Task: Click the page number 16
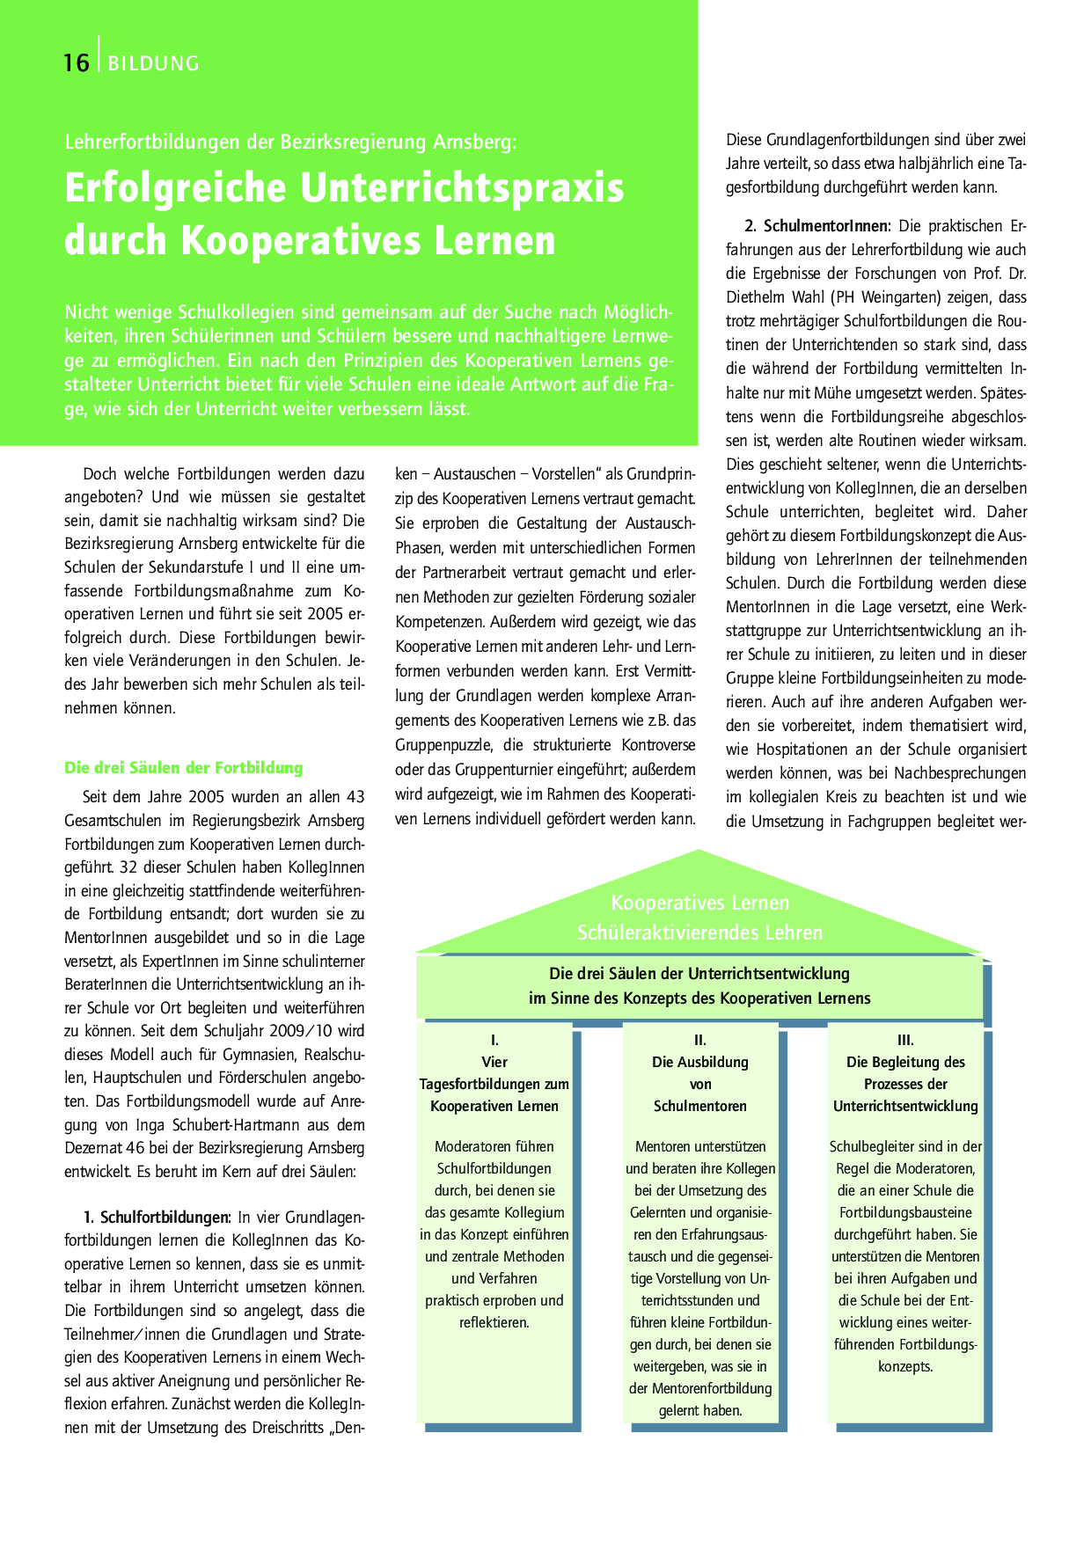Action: click(x=77, y=63)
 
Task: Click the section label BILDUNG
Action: click(x=154, y=63)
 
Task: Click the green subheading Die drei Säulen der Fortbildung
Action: click(x=183, y=768)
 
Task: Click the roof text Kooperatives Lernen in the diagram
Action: click(x=699, y=903)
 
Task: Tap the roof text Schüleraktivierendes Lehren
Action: click(x=699, y=932)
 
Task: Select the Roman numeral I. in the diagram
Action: click(x=494, y=1040)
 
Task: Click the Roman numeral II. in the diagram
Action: click(x=700, y=1040)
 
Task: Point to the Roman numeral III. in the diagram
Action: click(x=905, y=1040)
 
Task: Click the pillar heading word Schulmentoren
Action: click(x=700, y=1106)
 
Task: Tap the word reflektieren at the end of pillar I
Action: click(x=494, y=1322)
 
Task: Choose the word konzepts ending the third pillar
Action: click(x=904, y=1366)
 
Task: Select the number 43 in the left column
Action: click(x=355, y=797)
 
